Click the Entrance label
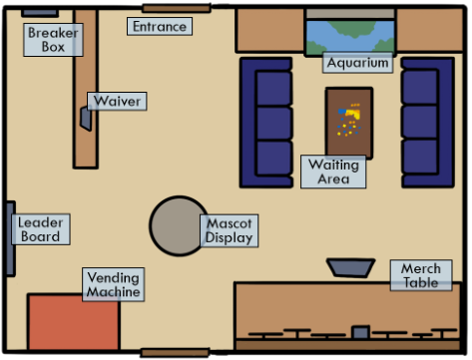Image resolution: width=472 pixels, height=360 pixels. (x=160, y=26)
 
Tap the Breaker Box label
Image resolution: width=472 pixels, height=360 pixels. (x=53, y=40)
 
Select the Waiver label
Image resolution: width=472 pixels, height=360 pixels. (x=117, y=101)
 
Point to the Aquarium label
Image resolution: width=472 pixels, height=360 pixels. (x=357, y=63)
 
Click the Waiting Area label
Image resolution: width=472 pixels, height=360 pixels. (x=333, y=172)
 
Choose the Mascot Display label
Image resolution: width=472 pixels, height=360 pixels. (x=230, y=230)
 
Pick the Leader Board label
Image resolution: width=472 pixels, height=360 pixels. (x=41, y=229)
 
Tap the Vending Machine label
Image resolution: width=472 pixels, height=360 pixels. (x=114, y=284)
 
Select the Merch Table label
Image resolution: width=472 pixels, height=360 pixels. (x=421, y=275)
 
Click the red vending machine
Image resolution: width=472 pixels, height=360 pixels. (x=73, y=322)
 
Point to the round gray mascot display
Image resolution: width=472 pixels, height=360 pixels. (x=179, y=226)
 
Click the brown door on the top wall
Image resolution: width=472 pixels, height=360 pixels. (x=177, y=8)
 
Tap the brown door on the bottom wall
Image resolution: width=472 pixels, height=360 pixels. (x=175, y=353)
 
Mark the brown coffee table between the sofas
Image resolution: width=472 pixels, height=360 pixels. (x=349, y=124)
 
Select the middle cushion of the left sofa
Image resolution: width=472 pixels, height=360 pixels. (x=274, y=124)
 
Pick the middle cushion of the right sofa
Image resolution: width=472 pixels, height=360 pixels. (x=420, y=122)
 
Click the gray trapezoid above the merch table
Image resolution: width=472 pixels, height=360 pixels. (x=351, y=267)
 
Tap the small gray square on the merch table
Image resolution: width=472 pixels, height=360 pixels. (x=361, y=332)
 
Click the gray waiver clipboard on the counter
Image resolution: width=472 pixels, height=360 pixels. (x=86, y=119)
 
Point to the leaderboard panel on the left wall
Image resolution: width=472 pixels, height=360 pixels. (x=11, y=238)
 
